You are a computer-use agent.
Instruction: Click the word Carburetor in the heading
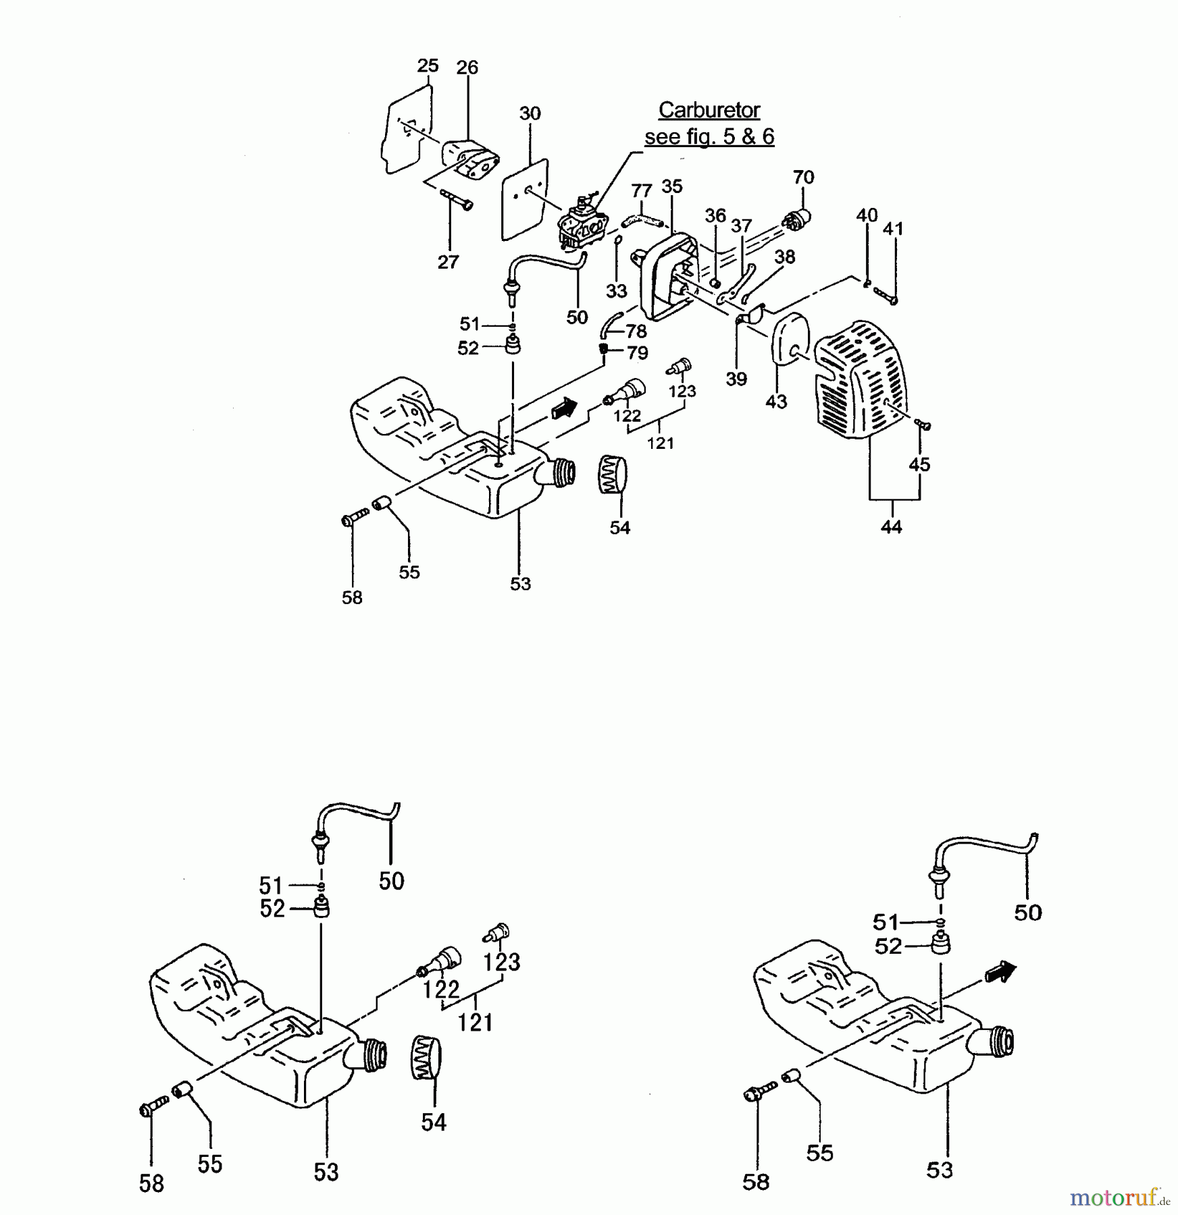[x=709, y=110]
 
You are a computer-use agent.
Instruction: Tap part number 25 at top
[x=428, y=66]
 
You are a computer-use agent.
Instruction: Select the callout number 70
[x=803, y=178]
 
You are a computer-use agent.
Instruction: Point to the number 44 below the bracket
[x=891, y=527]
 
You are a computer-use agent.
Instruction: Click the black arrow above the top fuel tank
[x=564, y=408]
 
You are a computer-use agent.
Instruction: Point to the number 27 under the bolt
[x=448, y=262]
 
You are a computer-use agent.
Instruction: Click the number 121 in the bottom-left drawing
[x=475, y=1023]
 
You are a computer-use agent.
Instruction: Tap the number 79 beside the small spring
[x=637, y=353]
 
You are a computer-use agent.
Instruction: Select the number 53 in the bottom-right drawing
[x=939, y=1170]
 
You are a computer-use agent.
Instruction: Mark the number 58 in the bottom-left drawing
[x=151, y=1183]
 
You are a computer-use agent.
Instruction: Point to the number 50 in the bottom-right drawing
[x=1027, y=913]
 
